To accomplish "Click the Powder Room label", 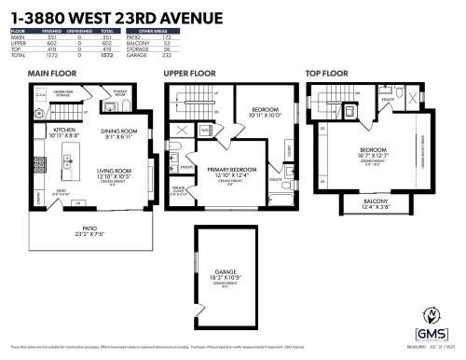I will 119,92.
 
